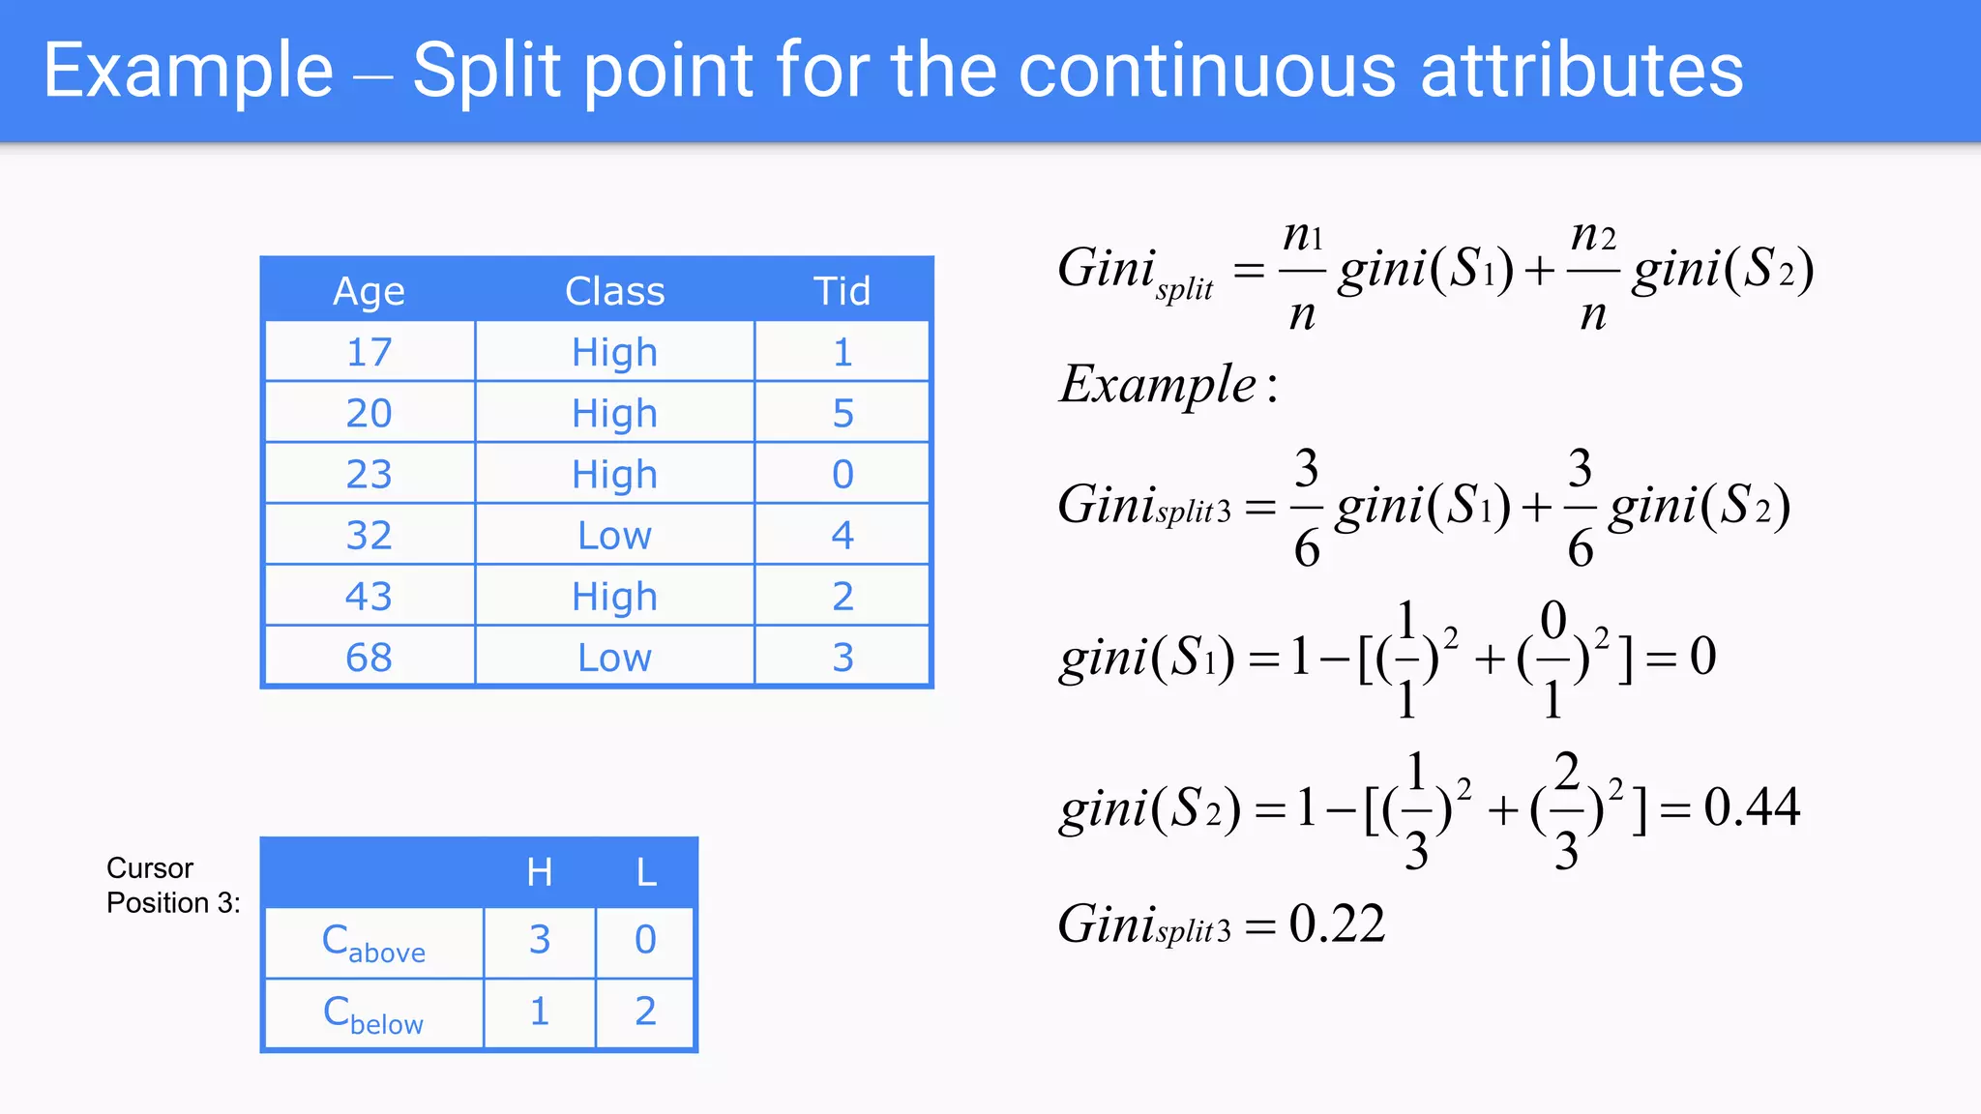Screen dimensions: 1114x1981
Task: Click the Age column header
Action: tap(369, 291)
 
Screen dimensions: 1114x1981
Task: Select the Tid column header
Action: tap(842, 291)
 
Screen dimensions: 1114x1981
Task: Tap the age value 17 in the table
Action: tap(369, 352)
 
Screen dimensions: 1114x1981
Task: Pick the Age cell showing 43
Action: tap(369, 596)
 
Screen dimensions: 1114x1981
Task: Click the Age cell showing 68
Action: tap(369, 658)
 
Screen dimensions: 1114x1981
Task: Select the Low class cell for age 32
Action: tap(614, 535)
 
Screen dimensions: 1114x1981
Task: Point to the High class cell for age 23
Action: tap(614, 474)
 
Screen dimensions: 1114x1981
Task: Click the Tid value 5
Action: tap(843, 413)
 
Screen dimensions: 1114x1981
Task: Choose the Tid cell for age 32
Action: tap(843, 535)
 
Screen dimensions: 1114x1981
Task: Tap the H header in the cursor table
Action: tap(540, 872)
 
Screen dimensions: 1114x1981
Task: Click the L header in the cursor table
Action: tap(646, 872)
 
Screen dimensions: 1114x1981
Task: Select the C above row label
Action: tap(373, 942)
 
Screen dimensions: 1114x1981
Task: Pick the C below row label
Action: tap(373, 1014)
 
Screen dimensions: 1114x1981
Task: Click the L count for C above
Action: tap(645, 939)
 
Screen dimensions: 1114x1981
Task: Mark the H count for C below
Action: tap(540, 1011)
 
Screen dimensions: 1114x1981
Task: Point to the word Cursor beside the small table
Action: tap(150, 867)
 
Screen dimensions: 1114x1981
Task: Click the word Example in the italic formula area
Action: tap(1158, 385)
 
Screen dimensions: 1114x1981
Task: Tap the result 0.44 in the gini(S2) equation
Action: tap(1752, 806)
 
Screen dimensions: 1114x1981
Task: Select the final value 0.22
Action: tap(1337, 923)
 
